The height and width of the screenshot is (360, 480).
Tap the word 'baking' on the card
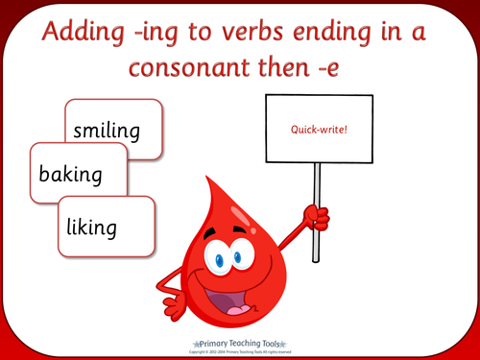coord(71,176)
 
